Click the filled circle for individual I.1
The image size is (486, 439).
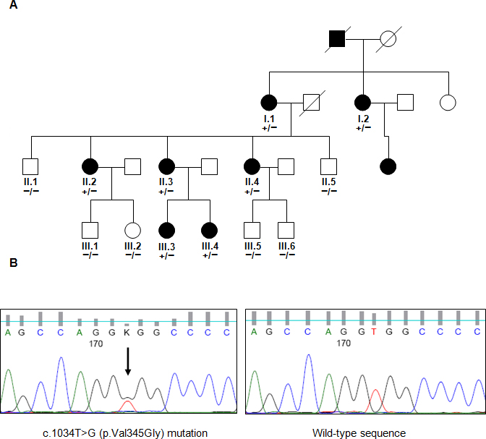pos(269,104)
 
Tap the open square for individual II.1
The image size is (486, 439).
pos(29,167)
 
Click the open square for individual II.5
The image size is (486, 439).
pos(330,167)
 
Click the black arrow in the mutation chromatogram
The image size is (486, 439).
pos(127,362)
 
